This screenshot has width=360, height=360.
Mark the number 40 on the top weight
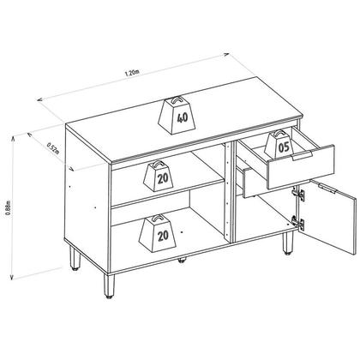point(182,118)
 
